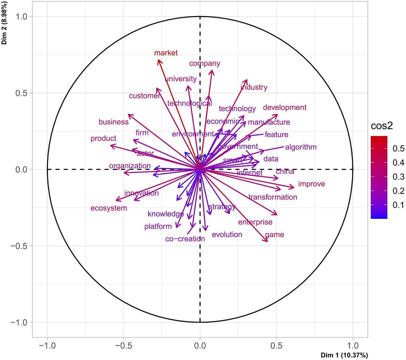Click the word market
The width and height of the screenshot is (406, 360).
[x=166, y=53]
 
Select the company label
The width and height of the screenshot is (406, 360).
[x=205, y=63]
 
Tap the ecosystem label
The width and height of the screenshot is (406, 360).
[x=109, y=208]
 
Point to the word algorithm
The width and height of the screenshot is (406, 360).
[x=301, y=147]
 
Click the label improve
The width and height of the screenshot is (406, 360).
[x=311, y=184]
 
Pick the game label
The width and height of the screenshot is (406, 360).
[x=275, y=235]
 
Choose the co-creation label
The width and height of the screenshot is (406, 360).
[x=185, y=239]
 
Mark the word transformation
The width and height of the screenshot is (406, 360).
[x=273, y=197]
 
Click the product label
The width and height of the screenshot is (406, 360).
[x=103, y=138]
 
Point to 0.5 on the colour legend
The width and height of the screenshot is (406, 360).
[x=398, y=148]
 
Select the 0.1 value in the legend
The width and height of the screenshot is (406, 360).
[x=398, y=205]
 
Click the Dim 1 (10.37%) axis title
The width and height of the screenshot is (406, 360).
[x=344, y=355]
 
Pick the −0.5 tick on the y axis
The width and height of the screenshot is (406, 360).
[x=21, y=246]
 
